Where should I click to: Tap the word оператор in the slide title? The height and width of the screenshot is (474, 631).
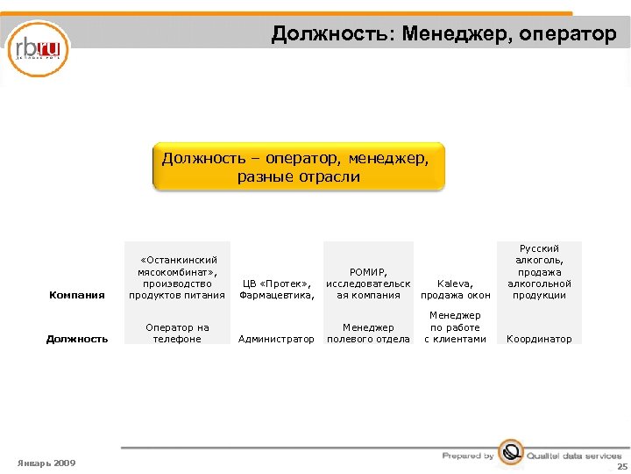click(568, 34)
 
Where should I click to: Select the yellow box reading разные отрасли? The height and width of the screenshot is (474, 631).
click(298, 168)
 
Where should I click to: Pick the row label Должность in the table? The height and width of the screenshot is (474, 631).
click(77, 339)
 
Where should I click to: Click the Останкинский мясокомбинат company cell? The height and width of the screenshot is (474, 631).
click(177, 277)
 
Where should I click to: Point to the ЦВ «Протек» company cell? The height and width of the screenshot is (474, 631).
click(277, 290)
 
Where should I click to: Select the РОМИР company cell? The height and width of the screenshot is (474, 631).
click(368, 284)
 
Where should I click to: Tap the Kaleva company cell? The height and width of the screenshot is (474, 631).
click(455, 290)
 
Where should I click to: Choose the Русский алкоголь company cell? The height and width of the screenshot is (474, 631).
click(539, 272)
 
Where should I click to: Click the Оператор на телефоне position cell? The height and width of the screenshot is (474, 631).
click(177, 334)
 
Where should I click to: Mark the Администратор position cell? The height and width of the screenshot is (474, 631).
click(277, 339)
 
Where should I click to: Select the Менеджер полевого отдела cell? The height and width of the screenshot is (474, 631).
click(368, 334)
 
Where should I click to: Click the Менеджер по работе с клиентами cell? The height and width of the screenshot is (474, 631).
click(455, 327)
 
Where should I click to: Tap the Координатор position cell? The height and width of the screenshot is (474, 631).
click(539, 339)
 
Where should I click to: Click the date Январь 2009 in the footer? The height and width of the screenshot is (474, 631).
click(46, 463)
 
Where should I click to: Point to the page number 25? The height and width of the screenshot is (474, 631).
click(621, 467)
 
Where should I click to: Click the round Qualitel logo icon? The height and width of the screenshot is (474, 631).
click(510, 454)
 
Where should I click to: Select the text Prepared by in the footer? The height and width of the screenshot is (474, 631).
click(468, 456)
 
